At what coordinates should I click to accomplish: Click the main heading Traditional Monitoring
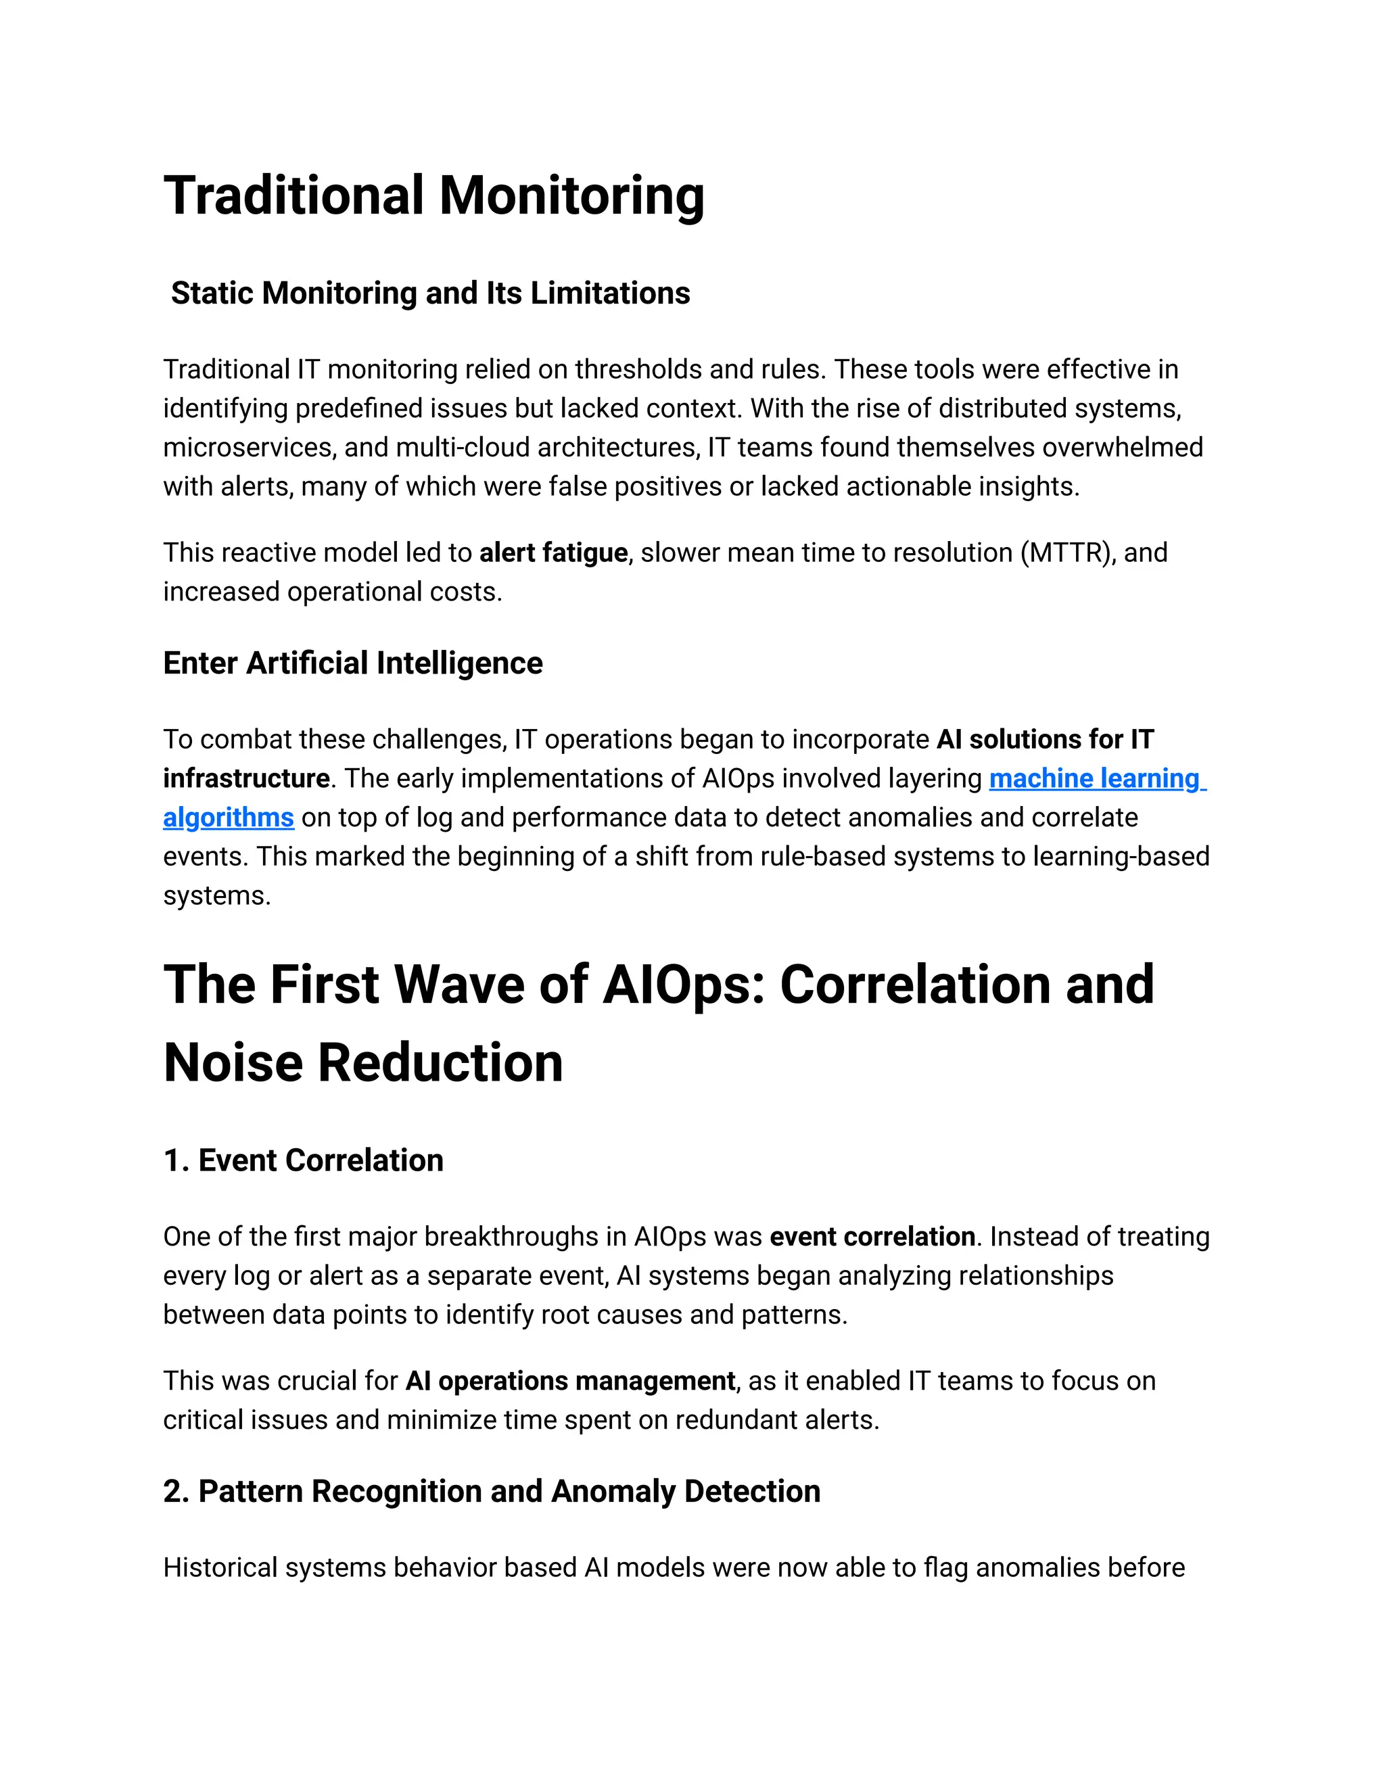(433, 196)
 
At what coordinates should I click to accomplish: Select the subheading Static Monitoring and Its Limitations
(430, 293)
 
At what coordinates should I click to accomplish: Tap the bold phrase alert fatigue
(553, 553)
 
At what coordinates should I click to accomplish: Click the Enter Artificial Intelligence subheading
(353, 663)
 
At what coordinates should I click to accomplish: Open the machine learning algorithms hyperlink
(1096, 778)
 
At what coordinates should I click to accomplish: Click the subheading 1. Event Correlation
(303, 1160)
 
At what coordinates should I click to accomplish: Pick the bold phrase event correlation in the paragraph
(871, 1237)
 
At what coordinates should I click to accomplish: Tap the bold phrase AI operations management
(570, 1381)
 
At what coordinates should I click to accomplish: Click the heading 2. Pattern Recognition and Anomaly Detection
(492, 1491)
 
